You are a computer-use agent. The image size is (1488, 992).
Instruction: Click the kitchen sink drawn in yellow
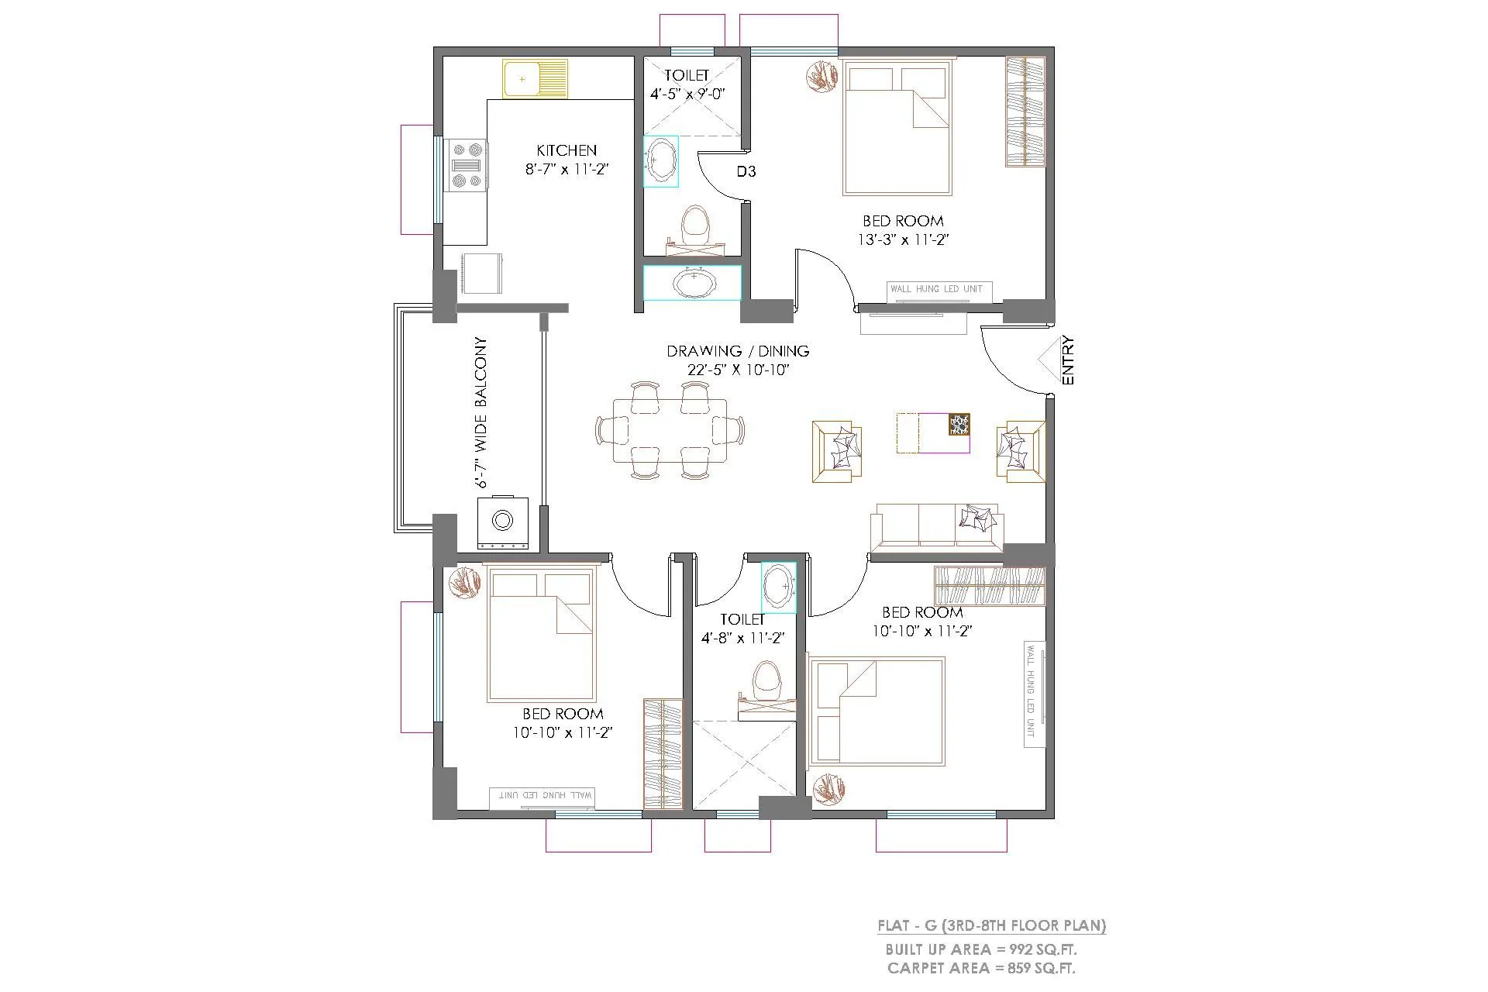pyautogui.click(x=535, y=78)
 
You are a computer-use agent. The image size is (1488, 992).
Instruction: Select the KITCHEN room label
pyautogui.click(x=567, y=150)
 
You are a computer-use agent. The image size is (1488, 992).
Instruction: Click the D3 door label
pyautogui.click(x=746, y=171)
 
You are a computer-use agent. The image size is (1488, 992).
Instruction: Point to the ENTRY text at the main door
pyautogui.click(x=1068, y=360)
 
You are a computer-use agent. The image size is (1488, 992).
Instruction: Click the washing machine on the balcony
pyautogui.click(x=503, y=522)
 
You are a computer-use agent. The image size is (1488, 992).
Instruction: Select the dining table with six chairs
pyautogui.click(x=670, y=431)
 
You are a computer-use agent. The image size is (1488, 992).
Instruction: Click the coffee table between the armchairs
pyautogui.click(x=933, y=433)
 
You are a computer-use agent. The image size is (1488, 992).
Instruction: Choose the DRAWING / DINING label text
pyautogui.click(x=738, y=351)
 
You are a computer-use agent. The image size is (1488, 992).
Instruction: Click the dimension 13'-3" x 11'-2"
pyautogui.click(x=903, y=240)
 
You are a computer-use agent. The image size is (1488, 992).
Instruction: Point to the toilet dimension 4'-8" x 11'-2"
pyautogui.click(x=742, y=639)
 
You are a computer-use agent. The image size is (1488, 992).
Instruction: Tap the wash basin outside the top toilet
pyautogui.click(x=692, y=283)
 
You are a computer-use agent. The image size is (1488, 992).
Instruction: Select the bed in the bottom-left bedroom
pyautogui.click(x=542, y=635)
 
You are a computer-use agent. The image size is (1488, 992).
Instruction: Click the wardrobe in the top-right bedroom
pyautogui.click(x=1025, y=111)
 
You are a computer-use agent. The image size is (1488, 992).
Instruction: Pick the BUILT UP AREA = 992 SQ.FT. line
pyautogui.click(x=981, y=949)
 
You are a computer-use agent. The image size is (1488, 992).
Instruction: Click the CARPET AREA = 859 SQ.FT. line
pyautogui.click(x=981, y=968)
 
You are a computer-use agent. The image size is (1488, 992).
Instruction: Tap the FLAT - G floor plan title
pyautogui.click(x=991, y=925)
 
